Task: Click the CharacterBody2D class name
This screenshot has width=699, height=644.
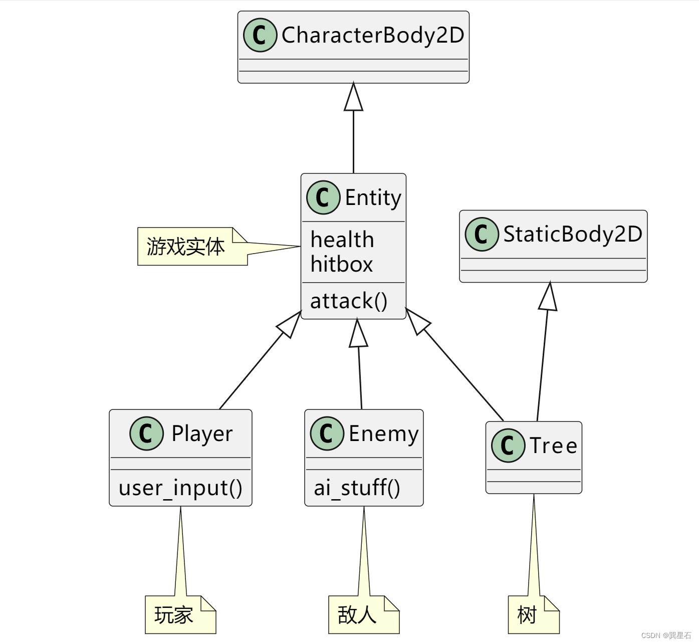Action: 372,35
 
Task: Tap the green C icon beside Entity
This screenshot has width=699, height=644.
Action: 323,197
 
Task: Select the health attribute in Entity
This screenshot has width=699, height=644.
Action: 342,240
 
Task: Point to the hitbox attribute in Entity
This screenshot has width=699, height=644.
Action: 342,264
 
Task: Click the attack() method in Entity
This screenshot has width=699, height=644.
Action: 349,301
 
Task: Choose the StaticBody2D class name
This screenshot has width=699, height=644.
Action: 572,234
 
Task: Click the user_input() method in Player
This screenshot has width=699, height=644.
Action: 180,488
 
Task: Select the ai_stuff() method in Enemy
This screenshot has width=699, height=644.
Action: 357,488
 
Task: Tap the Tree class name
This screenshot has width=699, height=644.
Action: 553,446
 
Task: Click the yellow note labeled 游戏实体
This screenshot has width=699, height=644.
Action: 186,247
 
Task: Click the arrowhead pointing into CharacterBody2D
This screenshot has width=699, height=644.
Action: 353,98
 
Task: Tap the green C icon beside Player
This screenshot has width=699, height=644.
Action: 146,434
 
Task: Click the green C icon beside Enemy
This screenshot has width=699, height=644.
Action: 327,434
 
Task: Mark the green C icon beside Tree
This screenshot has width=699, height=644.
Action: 508,446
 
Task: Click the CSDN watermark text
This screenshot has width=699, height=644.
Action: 666,635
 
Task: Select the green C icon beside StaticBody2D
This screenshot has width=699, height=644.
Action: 482,234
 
